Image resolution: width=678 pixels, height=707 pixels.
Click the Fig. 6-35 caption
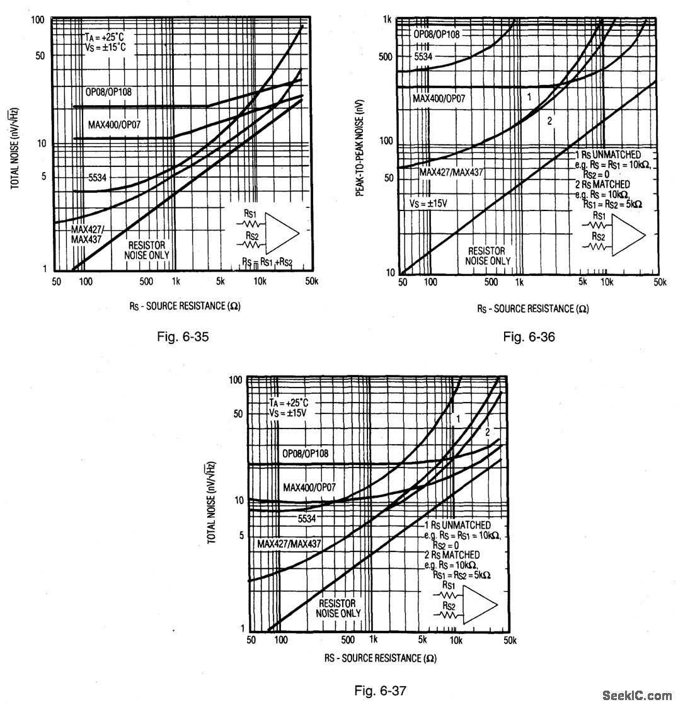pos(182,336)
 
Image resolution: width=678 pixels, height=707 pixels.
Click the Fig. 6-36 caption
pos(529,337)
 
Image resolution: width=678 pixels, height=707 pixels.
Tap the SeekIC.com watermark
pos(636,696)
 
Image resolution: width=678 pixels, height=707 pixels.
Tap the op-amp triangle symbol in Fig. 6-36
pos(629,234)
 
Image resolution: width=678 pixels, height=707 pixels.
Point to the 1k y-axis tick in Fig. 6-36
pos(388,20)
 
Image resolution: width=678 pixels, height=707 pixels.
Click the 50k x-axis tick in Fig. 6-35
pos(311,281)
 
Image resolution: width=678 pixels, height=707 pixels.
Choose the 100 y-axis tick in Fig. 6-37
pos(236,380)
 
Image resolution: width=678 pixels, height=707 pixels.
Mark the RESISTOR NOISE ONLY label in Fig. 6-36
pos(488,256)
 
